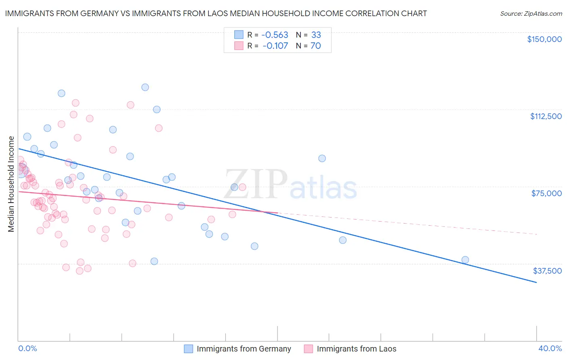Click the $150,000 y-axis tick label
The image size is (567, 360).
544,39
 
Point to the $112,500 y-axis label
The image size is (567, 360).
546,116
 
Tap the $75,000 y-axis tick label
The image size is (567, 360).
546,193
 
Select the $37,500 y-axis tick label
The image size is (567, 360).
547,271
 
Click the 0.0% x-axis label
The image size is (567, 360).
27,348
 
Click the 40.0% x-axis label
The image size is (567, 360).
550,348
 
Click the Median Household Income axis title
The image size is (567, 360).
11,184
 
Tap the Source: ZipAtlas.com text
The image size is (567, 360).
531,13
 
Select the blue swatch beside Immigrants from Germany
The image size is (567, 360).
188,349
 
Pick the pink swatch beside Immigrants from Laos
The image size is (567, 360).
309,349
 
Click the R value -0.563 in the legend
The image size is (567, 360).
275,35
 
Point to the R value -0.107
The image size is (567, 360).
275,46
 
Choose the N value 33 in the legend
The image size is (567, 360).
316,35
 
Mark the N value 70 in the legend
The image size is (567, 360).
316,46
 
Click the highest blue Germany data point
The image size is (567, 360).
145,87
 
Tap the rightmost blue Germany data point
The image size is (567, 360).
465,260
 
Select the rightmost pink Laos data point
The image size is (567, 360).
242,187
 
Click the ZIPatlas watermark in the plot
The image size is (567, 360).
290,184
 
